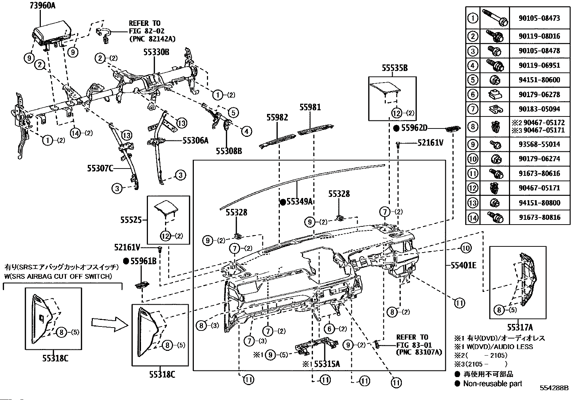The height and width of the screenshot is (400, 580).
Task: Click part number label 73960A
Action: (45, 6)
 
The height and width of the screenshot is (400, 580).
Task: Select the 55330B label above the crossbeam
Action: (156, 52)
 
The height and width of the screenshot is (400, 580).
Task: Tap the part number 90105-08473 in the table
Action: (539, 18)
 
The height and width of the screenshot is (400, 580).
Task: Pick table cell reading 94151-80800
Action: (539, 203)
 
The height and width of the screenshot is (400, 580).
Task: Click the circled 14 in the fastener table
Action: (473, 218)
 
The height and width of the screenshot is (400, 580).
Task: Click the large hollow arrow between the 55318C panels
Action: (108, 322)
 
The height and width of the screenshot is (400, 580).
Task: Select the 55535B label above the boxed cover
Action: (395, 68)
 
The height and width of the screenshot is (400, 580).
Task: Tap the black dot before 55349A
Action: (282, 202)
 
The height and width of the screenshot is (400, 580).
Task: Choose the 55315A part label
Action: (327, 364)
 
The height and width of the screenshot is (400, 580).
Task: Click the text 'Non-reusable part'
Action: (493, 384)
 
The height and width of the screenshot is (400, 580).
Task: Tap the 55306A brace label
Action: (195, 140)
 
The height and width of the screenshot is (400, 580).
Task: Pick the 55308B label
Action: (228, 150)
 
